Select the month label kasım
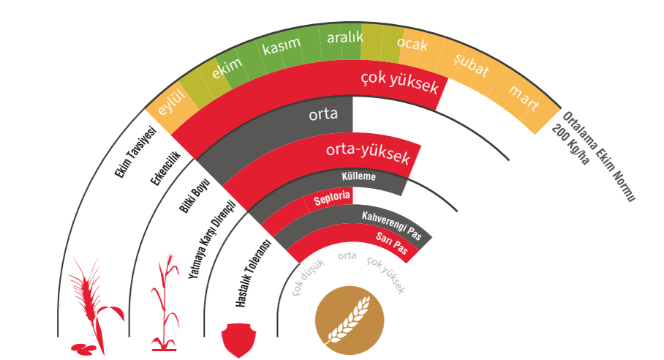(282, 44)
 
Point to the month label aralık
(344, 36)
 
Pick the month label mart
(524, 98)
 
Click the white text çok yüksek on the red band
(400, 83)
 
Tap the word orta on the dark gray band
(322, 113)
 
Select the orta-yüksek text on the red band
(371, 154)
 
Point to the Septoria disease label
(332, 199)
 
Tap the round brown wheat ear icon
(348, 316)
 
